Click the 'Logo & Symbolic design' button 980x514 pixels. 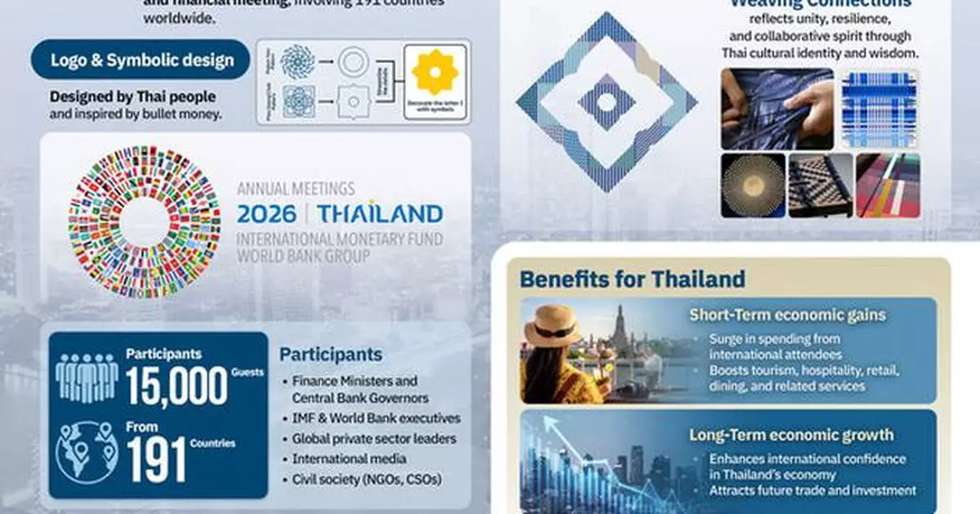click(x=140, y=60)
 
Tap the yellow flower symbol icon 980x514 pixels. click(x=435, y=72)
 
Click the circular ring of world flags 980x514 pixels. click(x=145, y=222)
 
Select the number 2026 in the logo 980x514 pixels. click(x=268, y=214)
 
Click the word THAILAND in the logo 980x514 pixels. click(x=380, y=214)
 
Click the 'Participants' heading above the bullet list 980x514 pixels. click(x=331, y=355)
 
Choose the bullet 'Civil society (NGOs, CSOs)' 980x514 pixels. click(x=367, y=480)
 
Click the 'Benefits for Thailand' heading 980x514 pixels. click(x=632, y=279)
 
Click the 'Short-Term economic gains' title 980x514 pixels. click(x=787, y=315)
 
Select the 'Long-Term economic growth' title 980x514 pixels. click(x=791, y=435)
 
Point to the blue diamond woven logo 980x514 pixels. click(x=606, y=102)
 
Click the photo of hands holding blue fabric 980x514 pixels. click(x=777, y=108)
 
